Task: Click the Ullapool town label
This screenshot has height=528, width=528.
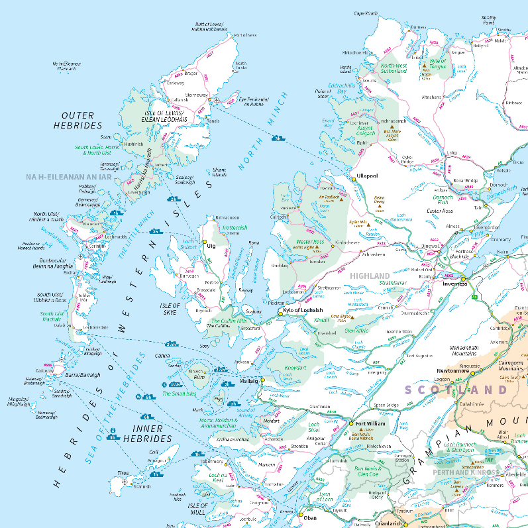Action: pyautogui.click(x=366, y=176)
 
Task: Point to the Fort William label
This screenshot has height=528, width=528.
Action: pyautogui.click(x=370, y=424)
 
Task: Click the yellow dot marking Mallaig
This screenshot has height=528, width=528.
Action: pyautogui.click(x=262, y=380)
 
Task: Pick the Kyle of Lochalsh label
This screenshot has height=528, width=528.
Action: pyautogui.click(x=303, y=311)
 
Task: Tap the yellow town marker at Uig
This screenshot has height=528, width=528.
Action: pyautogui.click(x=205, y=242)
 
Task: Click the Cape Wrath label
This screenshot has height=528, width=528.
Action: pyautogui.click(x=366, y=13)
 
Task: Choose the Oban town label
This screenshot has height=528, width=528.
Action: pyautogui.click(x=309, y=518)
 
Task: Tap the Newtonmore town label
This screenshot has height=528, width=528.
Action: pyautogui.click(x=452, y=372)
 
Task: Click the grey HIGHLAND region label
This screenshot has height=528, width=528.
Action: pyautogui.click(x=370, y=276)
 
